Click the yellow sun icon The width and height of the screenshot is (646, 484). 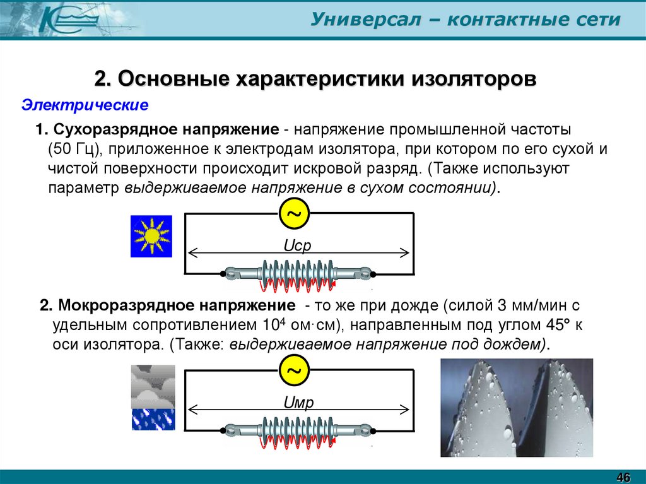coord(151,236)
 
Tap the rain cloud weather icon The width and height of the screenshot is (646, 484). coord(153,398)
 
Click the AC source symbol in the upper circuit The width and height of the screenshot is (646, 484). coord(294,215)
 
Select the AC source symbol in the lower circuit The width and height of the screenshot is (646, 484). coord(294,372)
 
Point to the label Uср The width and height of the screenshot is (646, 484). coord(298,245)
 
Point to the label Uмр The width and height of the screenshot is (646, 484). coord(298,403)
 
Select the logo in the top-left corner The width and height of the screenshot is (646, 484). coord(60,19)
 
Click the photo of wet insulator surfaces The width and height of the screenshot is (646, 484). coord(516,408)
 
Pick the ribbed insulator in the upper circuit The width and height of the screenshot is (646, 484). coord(297,274)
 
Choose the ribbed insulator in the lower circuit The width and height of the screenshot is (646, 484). coord(297,432)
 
